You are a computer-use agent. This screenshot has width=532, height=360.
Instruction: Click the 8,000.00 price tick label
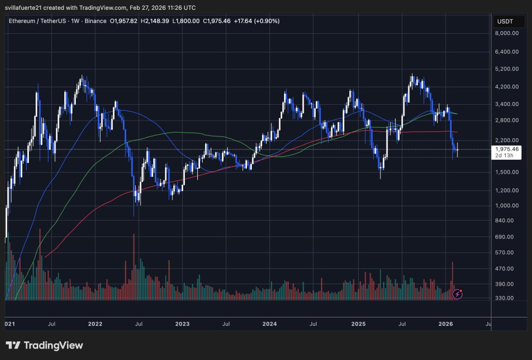pyautogui.click(x=506, y=33)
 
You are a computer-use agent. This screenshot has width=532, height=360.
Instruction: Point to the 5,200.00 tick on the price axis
pyautogui.click(x=506, y=69)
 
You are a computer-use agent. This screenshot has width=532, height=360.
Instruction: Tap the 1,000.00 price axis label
pyautogui.click(x=506, y=206)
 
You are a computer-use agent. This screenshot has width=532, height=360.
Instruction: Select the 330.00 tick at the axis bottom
pyautogui.click(x=506, y=298)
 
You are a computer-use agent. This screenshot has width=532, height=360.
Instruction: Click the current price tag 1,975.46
pyautogui.click(x=506, y=148)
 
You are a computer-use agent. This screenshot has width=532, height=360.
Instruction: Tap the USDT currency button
pyautogui.click(x=502, y=21)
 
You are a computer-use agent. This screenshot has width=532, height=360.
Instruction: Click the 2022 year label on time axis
pyautogui.click(x=95, y=323)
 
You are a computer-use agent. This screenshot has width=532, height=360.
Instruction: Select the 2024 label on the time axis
pyautogui.click(x=269, y=323)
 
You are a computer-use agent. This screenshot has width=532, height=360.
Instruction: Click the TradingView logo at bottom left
pyautogui.click(x=45, y=345)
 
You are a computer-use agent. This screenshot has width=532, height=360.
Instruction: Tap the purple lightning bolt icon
pyautogui.click(x=458, y=294)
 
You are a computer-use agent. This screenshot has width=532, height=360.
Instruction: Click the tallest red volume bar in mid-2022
pyautogui.click(x=134, y=267)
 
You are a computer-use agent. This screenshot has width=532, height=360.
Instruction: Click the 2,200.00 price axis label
pyautogui.click(x=506, y=141)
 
